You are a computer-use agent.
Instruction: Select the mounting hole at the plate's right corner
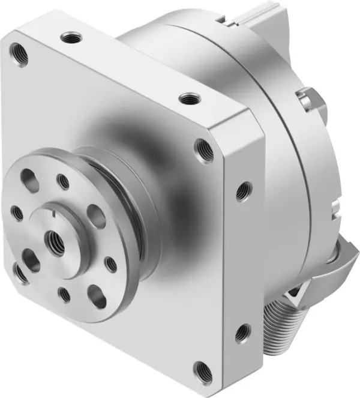point(204,150)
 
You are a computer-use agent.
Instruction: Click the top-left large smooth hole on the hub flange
point(29,178)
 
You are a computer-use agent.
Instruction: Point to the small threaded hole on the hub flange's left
point(17,212)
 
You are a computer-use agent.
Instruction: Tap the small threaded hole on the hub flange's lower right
point(110,263)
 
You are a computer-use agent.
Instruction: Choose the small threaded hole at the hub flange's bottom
point(64,293)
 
